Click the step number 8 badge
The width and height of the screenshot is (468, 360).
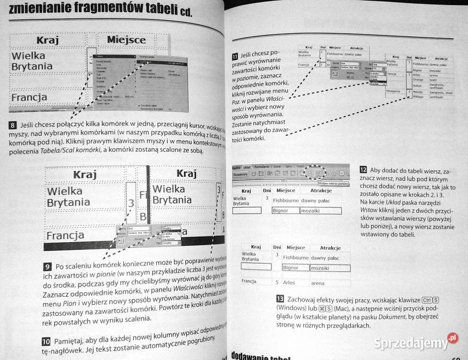(12, 124)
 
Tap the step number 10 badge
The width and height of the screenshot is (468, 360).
(45, 342)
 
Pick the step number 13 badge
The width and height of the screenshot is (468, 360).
(280, 298)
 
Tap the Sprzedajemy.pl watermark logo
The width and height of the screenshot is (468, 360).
(419, 342)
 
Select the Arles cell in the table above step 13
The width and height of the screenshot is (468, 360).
(289, 282)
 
